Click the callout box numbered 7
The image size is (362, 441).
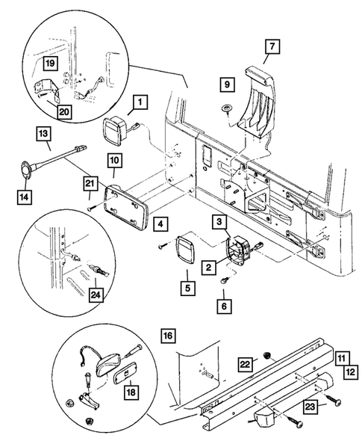click(271, 46)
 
